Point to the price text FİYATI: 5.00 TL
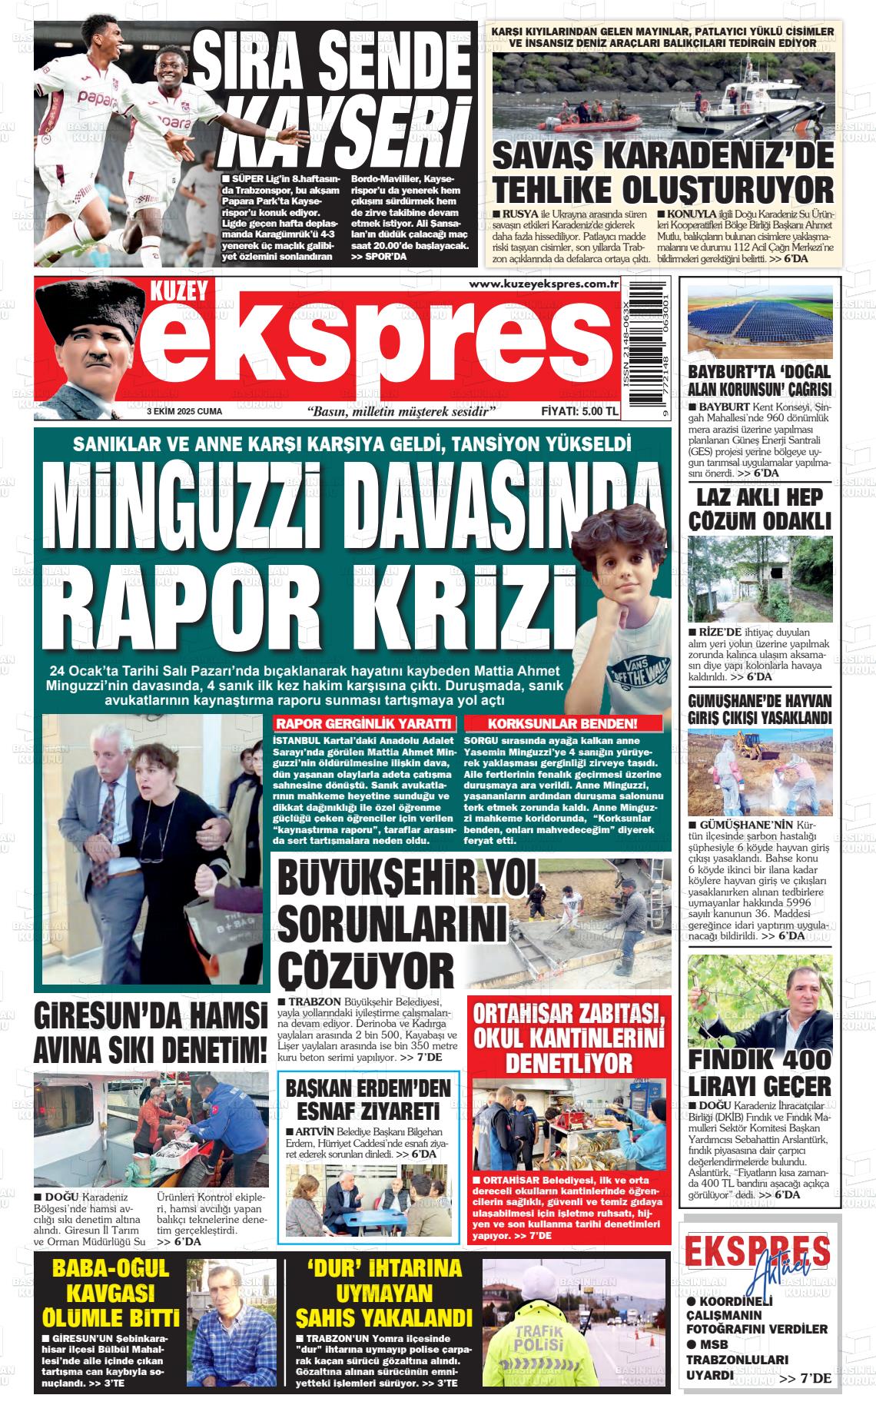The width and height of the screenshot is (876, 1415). point(579,411)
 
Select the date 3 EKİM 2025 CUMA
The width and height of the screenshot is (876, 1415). point(184,412)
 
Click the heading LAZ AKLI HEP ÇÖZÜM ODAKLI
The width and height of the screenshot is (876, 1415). point(759,509)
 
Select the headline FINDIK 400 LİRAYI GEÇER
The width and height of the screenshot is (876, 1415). point(759,1073)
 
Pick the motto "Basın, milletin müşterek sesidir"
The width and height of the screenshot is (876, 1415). point(400,412)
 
